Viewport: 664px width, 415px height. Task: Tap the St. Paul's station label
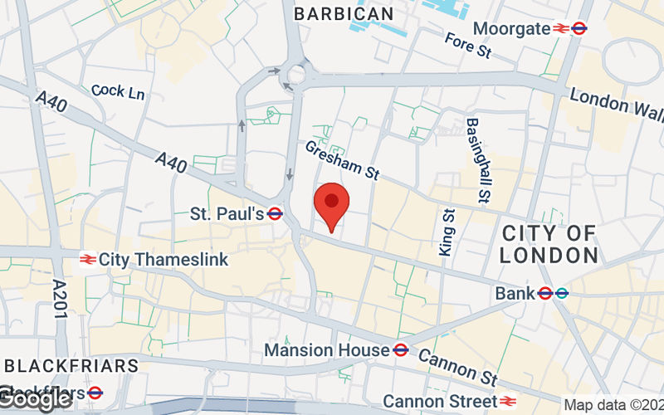(x=227, y=214)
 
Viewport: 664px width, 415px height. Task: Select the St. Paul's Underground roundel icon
(x=276, y=214)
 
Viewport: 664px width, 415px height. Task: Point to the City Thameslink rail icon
(x=86, y=260)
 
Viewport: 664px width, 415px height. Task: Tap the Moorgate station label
(x=511, y=29)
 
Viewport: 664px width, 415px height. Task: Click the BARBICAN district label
(x=344, y=13)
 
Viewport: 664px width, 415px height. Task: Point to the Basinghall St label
(x=476, y=160)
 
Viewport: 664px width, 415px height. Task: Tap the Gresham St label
(x=341, y=159)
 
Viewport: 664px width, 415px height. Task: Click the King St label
(x=447, y=232)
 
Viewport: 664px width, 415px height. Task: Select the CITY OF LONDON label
(x=549, y=244)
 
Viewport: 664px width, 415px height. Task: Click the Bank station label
(x=515, y=293)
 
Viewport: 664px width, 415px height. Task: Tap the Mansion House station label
(x=326, y=350)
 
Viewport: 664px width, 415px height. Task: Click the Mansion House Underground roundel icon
(x=400, y=350)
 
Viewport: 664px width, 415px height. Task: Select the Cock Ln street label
(x=118, y=91)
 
